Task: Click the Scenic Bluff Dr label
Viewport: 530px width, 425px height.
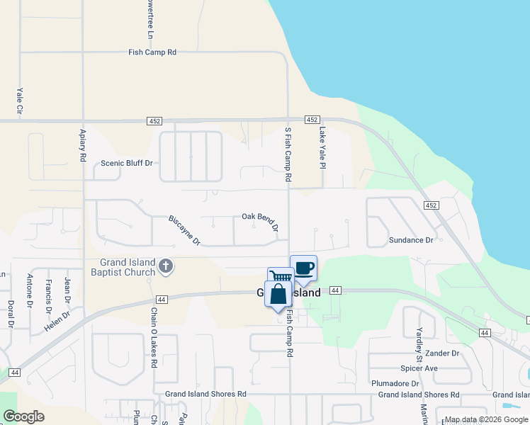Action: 127,163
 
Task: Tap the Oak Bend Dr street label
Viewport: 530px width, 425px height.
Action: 259,220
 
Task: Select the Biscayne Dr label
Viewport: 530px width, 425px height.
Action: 184,230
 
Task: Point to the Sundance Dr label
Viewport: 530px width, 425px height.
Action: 411,240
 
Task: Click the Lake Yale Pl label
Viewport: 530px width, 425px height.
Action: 322,147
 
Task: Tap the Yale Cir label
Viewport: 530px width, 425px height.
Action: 20,100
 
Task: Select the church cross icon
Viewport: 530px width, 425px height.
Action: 166,266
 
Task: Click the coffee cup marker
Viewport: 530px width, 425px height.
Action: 303,268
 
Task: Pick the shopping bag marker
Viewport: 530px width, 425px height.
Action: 278,294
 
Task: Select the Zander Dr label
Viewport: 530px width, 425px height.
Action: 444,353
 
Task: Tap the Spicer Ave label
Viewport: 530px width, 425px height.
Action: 419,368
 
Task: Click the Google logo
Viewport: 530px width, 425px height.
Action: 24,416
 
